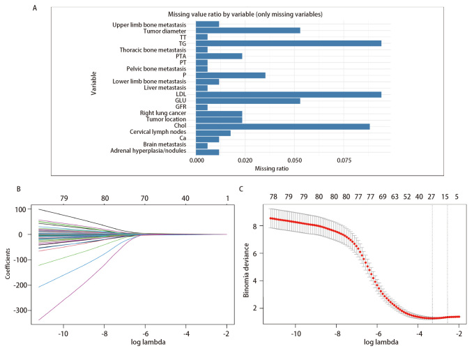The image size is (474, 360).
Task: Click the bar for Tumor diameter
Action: pos(247,30)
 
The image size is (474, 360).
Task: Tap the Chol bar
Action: pos(282,126)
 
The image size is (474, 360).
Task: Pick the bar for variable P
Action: pos(231,75)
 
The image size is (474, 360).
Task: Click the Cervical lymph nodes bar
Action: pos(213,133)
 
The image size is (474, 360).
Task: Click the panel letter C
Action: pos(240,188)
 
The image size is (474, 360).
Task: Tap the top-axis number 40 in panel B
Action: pos(185,198)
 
